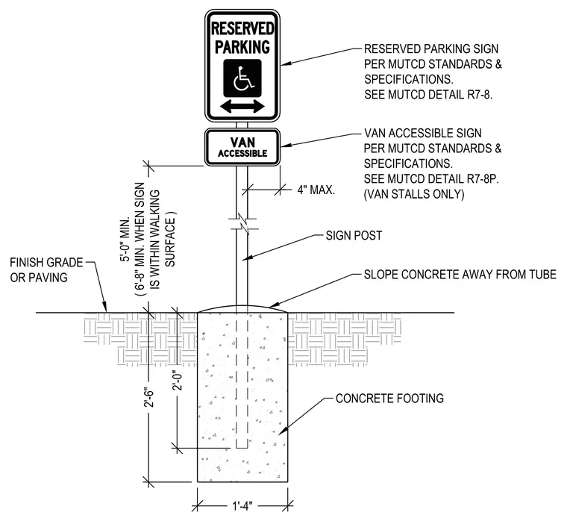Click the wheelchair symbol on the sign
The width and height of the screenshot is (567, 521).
click(242, 78)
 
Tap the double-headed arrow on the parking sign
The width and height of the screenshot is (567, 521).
click(242, 107)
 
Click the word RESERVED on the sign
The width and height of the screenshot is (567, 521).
click(242, 28)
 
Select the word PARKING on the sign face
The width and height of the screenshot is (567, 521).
click(242, 47)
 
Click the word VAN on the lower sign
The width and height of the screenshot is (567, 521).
click(242, 142)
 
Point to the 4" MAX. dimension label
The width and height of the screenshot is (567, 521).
click(316, 190)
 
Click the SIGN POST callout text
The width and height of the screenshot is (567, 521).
click(354, 236)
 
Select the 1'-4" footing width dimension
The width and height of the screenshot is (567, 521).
click(242, 505)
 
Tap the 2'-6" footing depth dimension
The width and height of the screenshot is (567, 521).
click(149, 399)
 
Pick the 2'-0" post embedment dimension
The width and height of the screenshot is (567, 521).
click(178, 381)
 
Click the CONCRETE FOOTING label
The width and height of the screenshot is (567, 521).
click(389, 399)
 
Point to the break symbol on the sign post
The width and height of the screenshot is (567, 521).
click(242, 224)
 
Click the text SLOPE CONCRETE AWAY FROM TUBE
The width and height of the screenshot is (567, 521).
click(460, 275)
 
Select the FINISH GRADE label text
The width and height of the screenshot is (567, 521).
click(46, 262)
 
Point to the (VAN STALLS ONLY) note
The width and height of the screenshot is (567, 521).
click(414, 194)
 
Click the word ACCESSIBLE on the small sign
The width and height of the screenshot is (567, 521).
click(242, 154)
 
